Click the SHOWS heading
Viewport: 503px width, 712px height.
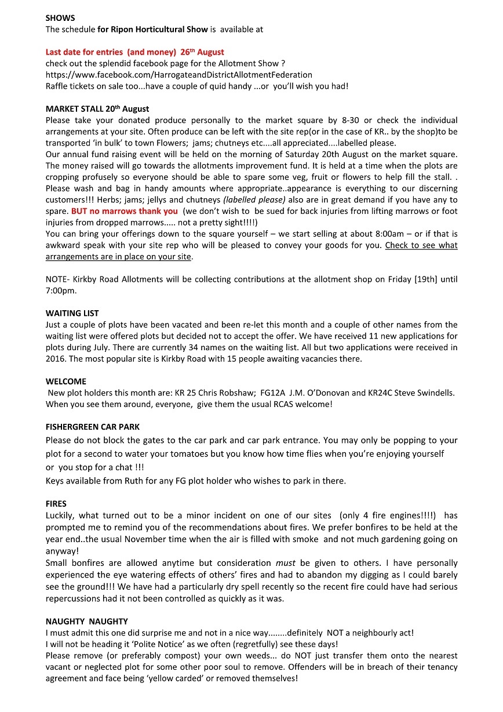pyautogui.click(x=60, y=18)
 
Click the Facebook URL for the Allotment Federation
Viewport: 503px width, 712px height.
pyautogui.click(x=178, y=75)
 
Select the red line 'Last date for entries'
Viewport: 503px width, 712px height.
pyautogui.click(x=134, y=52)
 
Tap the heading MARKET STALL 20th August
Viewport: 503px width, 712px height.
pyautogui.click(x=97, y=109)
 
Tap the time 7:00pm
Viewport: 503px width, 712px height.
pyautogui.click(x=61, y=290)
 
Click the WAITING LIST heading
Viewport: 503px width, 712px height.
pyautogui.click(x=72, y=314)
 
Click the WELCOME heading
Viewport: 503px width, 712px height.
pyautogui.click(x=65, y=382)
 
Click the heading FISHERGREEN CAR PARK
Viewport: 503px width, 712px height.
pyautogui.click(x=92, y=427)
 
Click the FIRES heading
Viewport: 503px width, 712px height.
pyautogui.click(x=56, y=504)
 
